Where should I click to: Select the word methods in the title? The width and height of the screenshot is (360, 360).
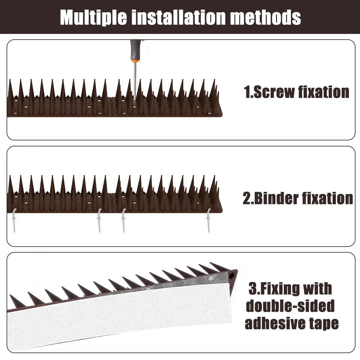(266, 17)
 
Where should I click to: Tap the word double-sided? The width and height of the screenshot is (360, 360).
(290, 306)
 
